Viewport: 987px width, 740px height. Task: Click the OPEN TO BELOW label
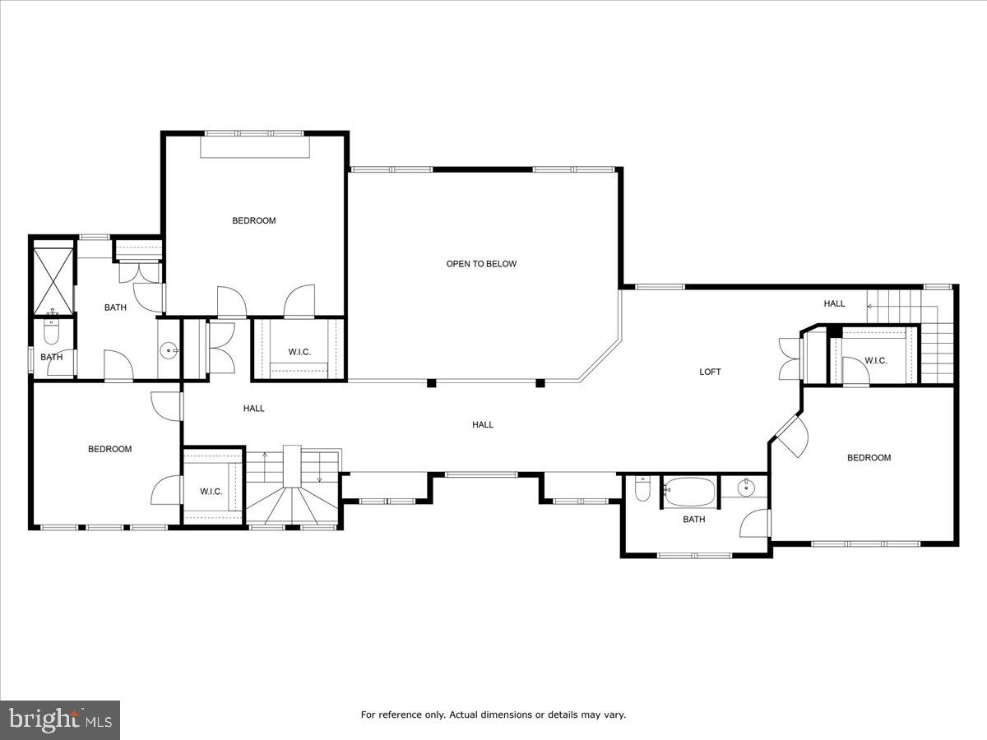[481, 264]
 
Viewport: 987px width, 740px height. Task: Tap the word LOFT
[710, 372]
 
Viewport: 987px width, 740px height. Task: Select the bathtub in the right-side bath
[690, 492]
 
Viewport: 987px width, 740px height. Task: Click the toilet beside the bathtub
[643, 489]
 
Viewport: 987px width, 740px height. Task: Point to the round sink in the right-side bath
[747, 488]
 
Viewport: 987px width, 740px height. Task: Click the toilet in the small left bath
[52, 333]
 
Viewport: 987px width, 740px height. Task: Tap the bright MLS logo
[60, 720]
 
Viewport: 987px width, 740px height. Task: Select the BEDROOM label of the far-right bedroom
[869, 458]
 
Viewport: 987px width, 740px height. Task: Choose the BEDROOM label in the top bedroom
[253, 220]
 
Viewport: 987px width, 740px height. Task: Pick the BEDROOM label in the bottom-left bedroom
[110, 449]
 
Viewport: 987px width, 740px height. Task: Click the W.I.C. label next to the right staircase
[875, 360]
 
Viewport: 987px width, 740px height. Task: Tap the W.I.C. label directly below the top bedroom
[299, 352]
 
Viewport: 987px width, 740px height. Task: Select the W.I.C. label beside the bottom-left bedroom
[211, 492]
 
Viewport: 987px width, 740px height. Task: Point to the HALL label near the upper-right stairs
[834, 303]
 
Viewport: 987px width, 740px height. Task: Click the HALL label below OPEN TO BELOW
[483, 424]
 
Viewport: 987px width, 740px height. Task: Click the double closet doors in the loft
[790, 359]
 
